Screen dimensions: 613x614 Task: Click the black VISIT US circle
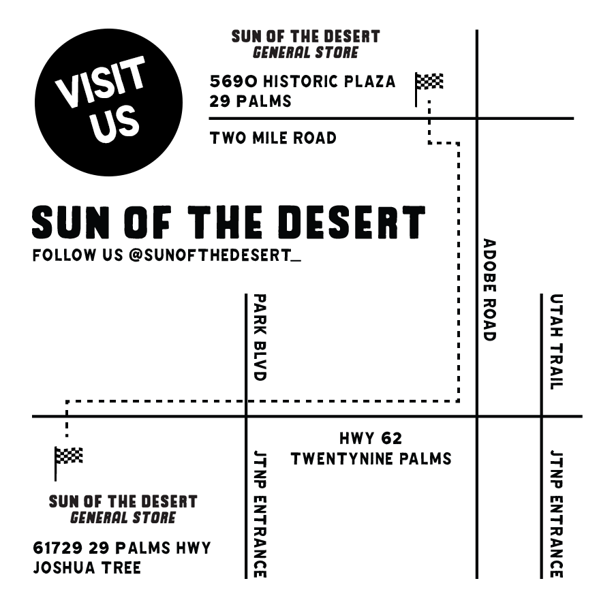[x=108, y=102]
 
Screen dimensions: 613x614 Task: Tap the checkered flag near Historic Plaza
[x=429, y=83]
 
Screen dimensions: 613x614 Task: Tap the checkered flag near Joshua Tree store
[x=68, y=456]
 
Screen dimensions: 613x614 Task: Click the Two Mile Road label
[x=273, y=138]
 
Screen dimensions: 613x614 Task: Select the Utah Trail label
[x=557, y=341]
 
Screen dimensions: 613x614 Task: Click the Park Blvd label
[x=259, y=336]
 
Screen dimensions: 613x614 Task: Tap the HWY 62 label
[x=371, y=439]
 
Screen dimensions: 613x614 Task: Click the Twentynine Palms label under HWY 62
[x=371, y=458]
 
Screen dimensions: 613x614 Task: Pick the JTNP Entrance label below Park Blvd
[x=259, y=514]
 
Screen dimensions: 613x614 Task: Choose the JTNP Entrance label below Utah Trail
[x=557, y=514]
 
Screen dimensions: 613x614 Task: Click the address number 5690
[x=234, y=82]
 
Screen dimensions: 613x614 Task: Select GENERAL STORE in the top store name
[x=305, y=52]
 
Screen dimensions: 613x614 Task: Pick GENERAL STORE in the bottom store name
[x=123, y=518]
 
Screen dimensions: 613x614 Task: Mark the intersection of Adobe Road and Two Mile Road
[x=476, y=119]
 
